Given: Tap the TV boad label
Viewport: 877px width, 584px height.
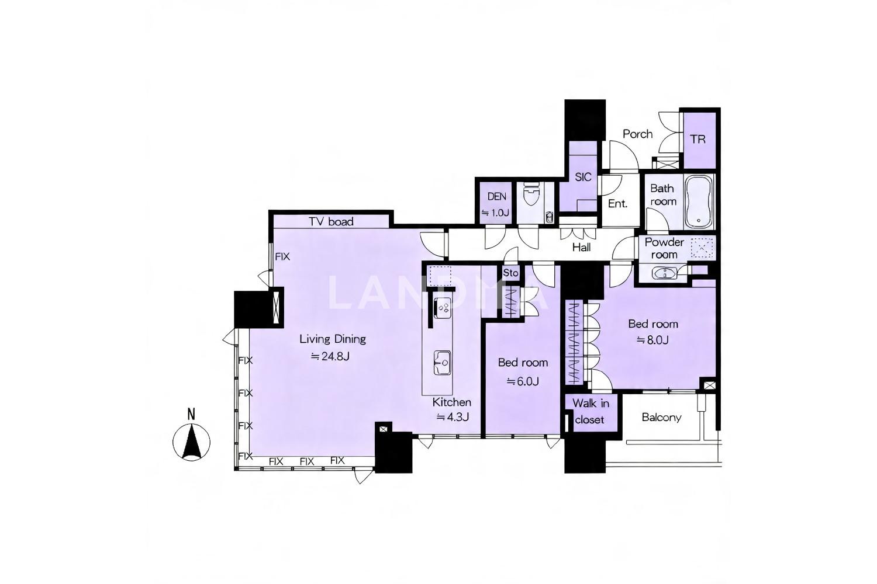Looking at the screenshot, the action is click(x=331, y=222).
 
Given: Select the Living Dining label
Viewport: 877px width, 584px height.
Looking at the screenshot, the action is click(x=333, y=339).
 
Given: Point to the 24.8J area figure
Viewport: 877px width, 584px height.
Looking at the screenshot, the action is click(x=330, y=356).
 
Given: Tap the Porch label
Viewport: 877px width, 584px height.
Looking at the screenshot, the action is click(x=638, y=134).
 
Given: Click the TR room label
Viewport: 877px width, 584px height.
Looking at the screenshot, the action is click(x=698, y=139).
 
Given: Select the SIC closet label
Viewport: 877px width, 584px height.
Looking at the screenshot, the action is click(x=583, y=177).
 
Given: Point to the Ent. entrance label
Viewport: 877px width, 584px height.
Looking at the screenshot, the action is click(x=618, y=204).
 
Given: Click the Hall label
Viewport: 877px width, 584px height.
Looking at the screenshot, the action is click(x=581, y=247).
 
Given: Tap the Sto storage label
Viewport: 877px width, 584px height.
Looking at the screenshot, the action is click(x=510, y=273).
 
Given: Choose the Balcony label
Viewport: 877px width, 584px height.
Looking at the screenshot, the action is click(x=662, y=418).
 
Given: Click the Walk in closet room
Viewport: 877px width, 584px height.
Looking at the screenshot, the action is click(x=591, y=412).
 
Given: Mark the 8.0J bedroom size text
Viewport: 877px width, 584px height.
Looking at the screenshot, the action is click(x=652, y=340).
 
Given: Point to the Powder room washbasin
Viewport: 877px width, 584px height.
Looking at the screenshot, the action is click(x=665, y=273).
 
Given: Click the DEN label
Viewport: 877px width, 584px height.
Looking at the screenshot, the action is click(x=497, y=197).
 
